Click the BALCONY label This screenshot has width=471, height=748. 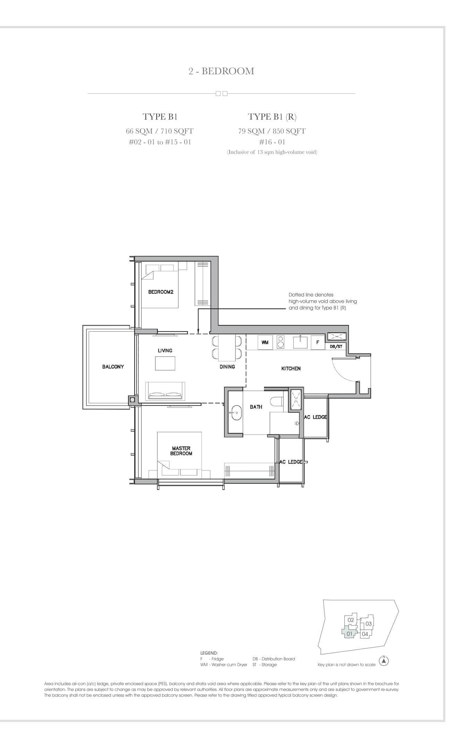click(x=113, y=366)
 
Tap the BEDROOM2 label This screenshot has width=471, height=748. click(x=161, y=292)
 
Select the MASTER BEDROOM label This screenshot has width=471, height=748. click(x=181, y=451)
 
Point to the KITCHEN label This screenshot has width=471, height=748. click(x=291, y=368)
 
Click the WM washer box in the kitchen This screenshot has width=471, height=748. click(x=265, y=342)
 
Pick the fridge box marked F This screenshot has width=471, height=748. click(x=317, y=342)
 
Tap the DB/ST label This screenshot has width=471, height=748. click(x=336, y=347)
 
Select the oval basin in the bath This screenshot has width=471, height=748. click(x=237, y=412)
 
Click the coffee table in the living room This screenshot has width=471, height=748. click(x=165, y=363)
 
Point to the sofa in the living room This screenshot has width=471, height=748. click(x=165, y=391)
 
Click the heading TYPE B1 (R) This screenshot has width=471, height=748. click(x=272, y=117)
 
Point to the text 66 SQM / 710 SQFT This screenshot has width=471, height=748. click(x=160, y=131)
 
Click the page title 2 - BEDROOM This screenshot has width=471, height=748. click(x=221, y=71)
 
